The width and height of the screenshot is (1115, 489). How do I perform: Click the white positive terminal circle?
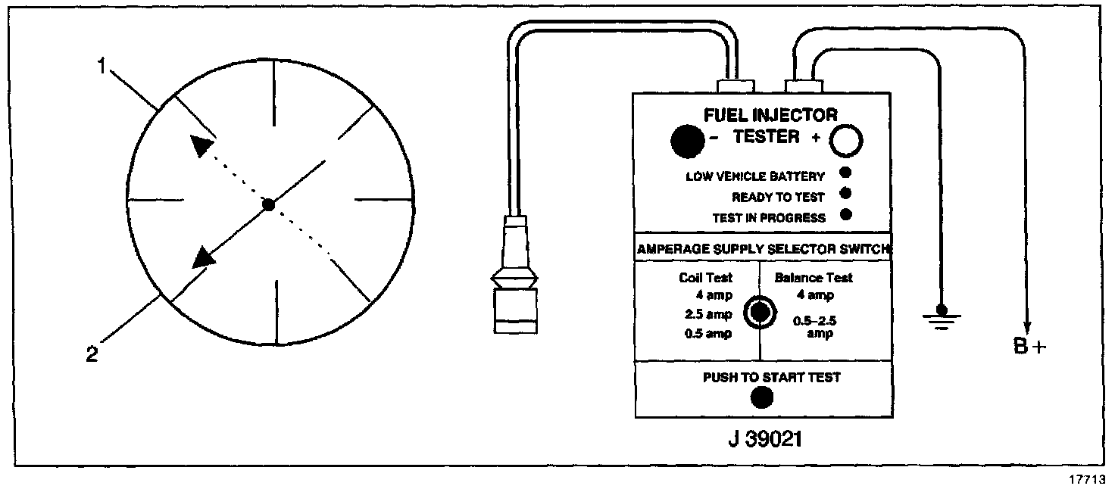tap(847, 140)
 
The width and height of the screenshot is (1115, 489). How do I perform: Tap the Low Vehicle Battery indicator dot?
tap(846, 173)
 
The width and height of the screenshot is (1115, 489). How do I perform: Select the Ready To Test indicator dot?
tap(846, 194)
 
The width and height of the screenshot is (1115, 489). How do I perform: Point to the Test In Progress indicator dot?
tap(846, 214)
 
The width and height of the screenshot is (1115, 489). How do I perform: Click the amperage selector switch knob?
tap(760, 312)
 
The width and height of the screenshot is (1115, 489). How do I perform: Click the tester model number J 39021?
tap(763, 438)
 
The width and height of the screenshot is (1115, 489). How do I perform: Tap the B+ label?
tap(1029, 347)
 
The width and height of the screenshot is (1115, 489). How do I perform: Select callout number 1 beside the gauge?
tap(101, 66)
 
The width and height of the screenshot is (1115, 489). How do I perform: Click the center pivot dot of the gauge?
tap(267, 204)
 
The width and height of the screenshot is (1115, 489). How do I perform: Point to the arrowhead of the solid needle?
tap(203, 257)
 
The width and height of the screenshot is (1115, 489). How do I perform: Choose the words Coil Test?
tap(705, 278)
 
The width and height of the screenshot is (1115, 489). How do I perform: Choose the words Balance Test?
tap(814, 278)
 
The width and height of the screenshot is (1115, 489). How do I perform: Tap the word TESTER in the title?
tap(766, 137)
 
